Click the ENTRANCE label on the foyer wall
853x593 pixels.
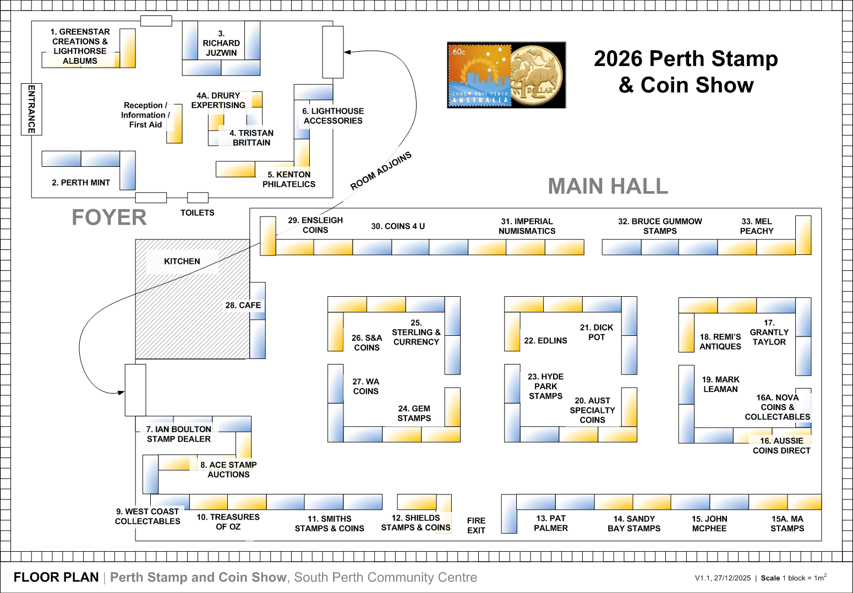[31, 109]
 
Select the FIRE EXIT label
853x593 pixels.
[476, 525]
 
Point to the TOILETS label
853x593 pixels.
[197, 213]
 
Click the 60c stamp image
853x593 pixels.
[479, 75]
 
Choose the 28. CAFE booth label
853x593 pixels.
[243, 305]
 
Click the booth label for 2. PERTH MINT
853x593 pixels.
[81, 182]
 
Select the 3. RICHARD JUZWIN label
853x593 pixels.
[221, 43]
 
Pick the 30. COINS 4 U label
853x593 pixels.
[398, 226]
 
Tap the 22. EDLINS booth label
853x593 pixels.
[545, 341]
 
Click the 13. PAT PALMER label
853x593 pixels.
[551, 523]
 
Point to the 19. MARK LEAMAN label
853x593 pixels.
[720, 384]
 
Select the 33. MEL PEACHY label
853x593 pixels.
[757, 226]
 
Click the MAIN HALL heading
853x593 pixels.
[608, 186]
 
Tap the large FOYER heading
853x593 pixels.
[110, 217]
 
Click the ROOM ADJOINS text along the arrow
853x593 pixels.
[381, 171]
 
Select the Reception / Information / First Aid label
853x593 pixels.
[145, 115]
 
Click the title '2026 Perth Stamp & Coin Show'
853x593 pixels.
[686, 72]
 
